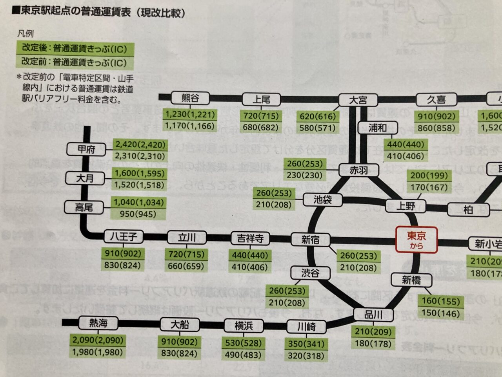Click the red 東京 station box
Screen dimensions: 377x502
[x=416, y=240]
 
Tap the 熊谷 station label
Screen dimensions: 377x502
[x=190, y=98]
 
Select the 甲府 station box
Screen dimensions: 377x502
[x=86, y=149]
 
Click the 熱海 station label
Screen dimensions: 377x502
[x=98, y=323]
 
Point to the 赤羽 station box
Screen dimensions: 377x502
[x=358, y=170]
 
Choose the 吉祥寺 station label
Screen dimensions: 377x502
[x=250, y=238]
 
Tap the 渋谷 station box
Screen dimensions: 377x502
[x=310, y=273]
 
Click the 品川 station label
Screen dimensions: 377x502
[x=373, y=315]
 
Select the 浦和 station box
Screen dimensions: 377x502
[x=377, y=128]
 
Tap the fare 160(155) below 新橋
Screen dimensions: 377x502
[x=440, y=302]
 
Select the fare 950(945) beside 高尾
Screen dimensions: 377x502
[x=138, y=214]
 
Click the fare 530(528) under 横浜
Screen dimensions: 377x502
[x=243, y=343]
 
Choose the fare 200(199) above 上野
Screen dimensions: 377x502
[x=429, y=176]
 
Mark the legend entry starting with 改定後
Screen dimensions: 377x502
[x=75, y=49]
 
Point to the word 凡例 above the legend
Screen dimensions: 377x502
[x=25, y=34]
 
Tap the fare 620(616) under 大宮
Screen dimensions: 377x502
[x=318, y=116]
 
